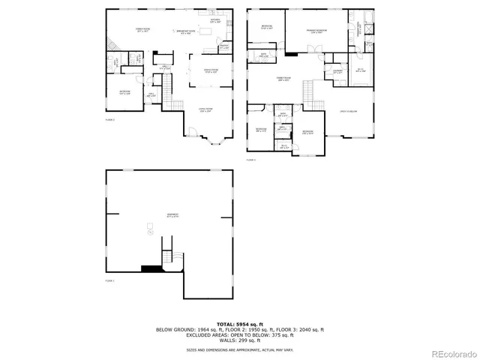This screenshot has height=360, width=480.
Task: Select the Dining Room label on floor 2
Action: point(211,72)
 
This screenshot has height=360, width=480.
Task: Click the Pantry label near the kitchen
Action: point(224,46)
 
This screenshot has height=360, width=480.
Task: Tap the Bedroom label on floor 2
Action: point(124,93)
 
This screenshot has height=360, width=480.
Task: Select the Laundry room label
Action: point(338,72)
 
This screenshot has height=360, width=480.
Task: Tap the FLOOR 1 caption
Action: point(109,280)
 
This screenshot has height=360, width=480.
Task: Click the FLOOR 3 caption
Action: point(251,160)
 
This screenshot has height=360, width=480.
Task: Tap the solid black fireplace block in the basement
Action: point(151,268)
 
